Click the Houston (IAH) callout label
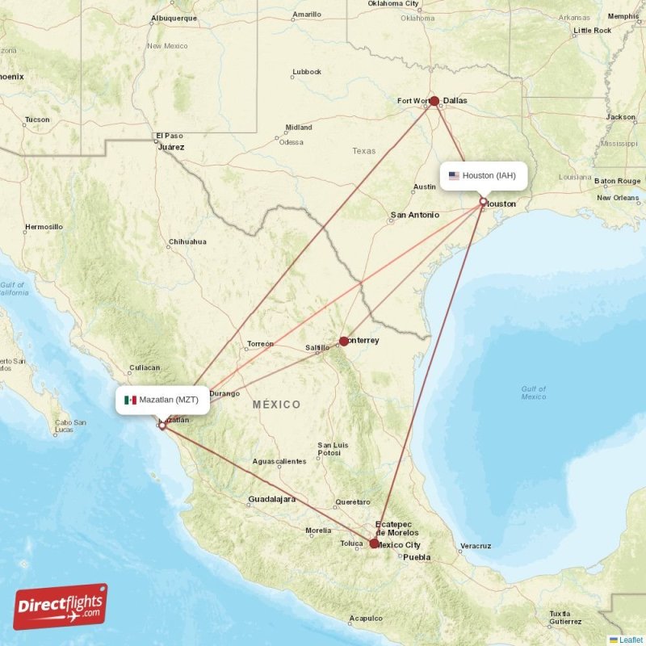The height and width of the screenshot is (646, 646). [x=484, y=176]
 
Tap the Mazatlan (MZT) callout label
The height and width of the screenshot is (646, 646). [x=163, y=400]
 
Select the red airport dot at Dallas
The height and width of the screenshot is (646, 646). [x=434, y=101]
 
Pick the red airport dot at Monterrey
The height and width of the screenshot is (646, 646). [x=344, y=341]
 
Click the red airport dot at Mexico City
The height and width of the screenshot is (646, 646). [x=374, y=543]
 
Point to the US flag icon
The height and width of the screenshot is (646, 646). [x=454, y=176]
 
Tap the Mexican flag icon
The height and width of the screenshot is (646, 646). [x=130, y=400]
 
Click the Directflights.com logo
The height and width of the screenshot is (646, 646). [x=60, y=606]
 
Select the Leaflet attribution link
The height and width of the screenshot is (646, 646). [x=631, y=640]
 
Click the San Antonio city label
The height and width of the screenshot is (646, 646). [x=414, y=216]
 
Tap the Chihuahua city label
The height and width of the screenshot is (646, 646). [x=187, y=241]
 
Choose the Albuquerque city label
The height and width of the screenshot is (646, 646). [x=174, y=18]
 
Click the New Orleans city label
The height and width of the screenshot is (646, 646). [x=618, y=198]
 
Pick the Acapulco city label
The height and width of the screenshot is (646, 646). [x=366, y=619]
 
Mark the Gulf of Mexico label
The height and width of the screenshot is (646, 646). [x=533, y=392]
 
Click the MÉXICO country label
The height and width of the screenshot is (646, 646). [x=276, y=405]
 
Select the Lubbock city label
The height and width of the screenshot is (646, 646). [x=307, y=72]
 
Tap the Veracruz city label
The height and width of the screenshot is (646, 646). [x=475, y=546]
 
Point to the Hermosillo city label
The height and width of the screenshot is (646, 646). [x=44, y=227]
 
